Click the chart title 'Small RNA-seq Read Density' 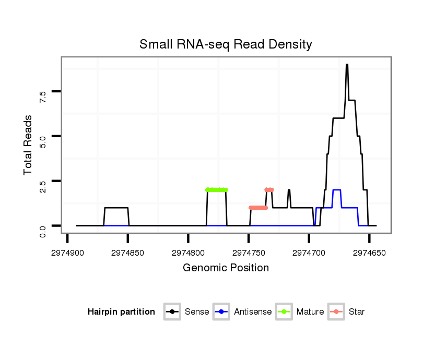coord(226,44)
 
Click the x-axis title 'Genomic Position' coord(226,268)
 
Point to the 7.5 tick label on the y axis coord(43,96)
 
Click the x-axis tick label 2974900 coord(67,252)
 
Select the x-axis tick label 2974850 coord(128,252)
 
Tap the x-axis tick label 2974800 coord(188,252)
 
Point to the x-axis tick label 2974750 coord(249,252)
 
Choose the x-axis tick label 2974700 coord(309,252)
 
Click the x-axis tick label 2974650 coord(369,252)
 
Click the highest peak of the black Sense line coord(347,65)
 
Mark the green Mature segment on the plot coord(217,190)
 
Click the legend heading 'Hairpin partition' coord(121,312)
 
